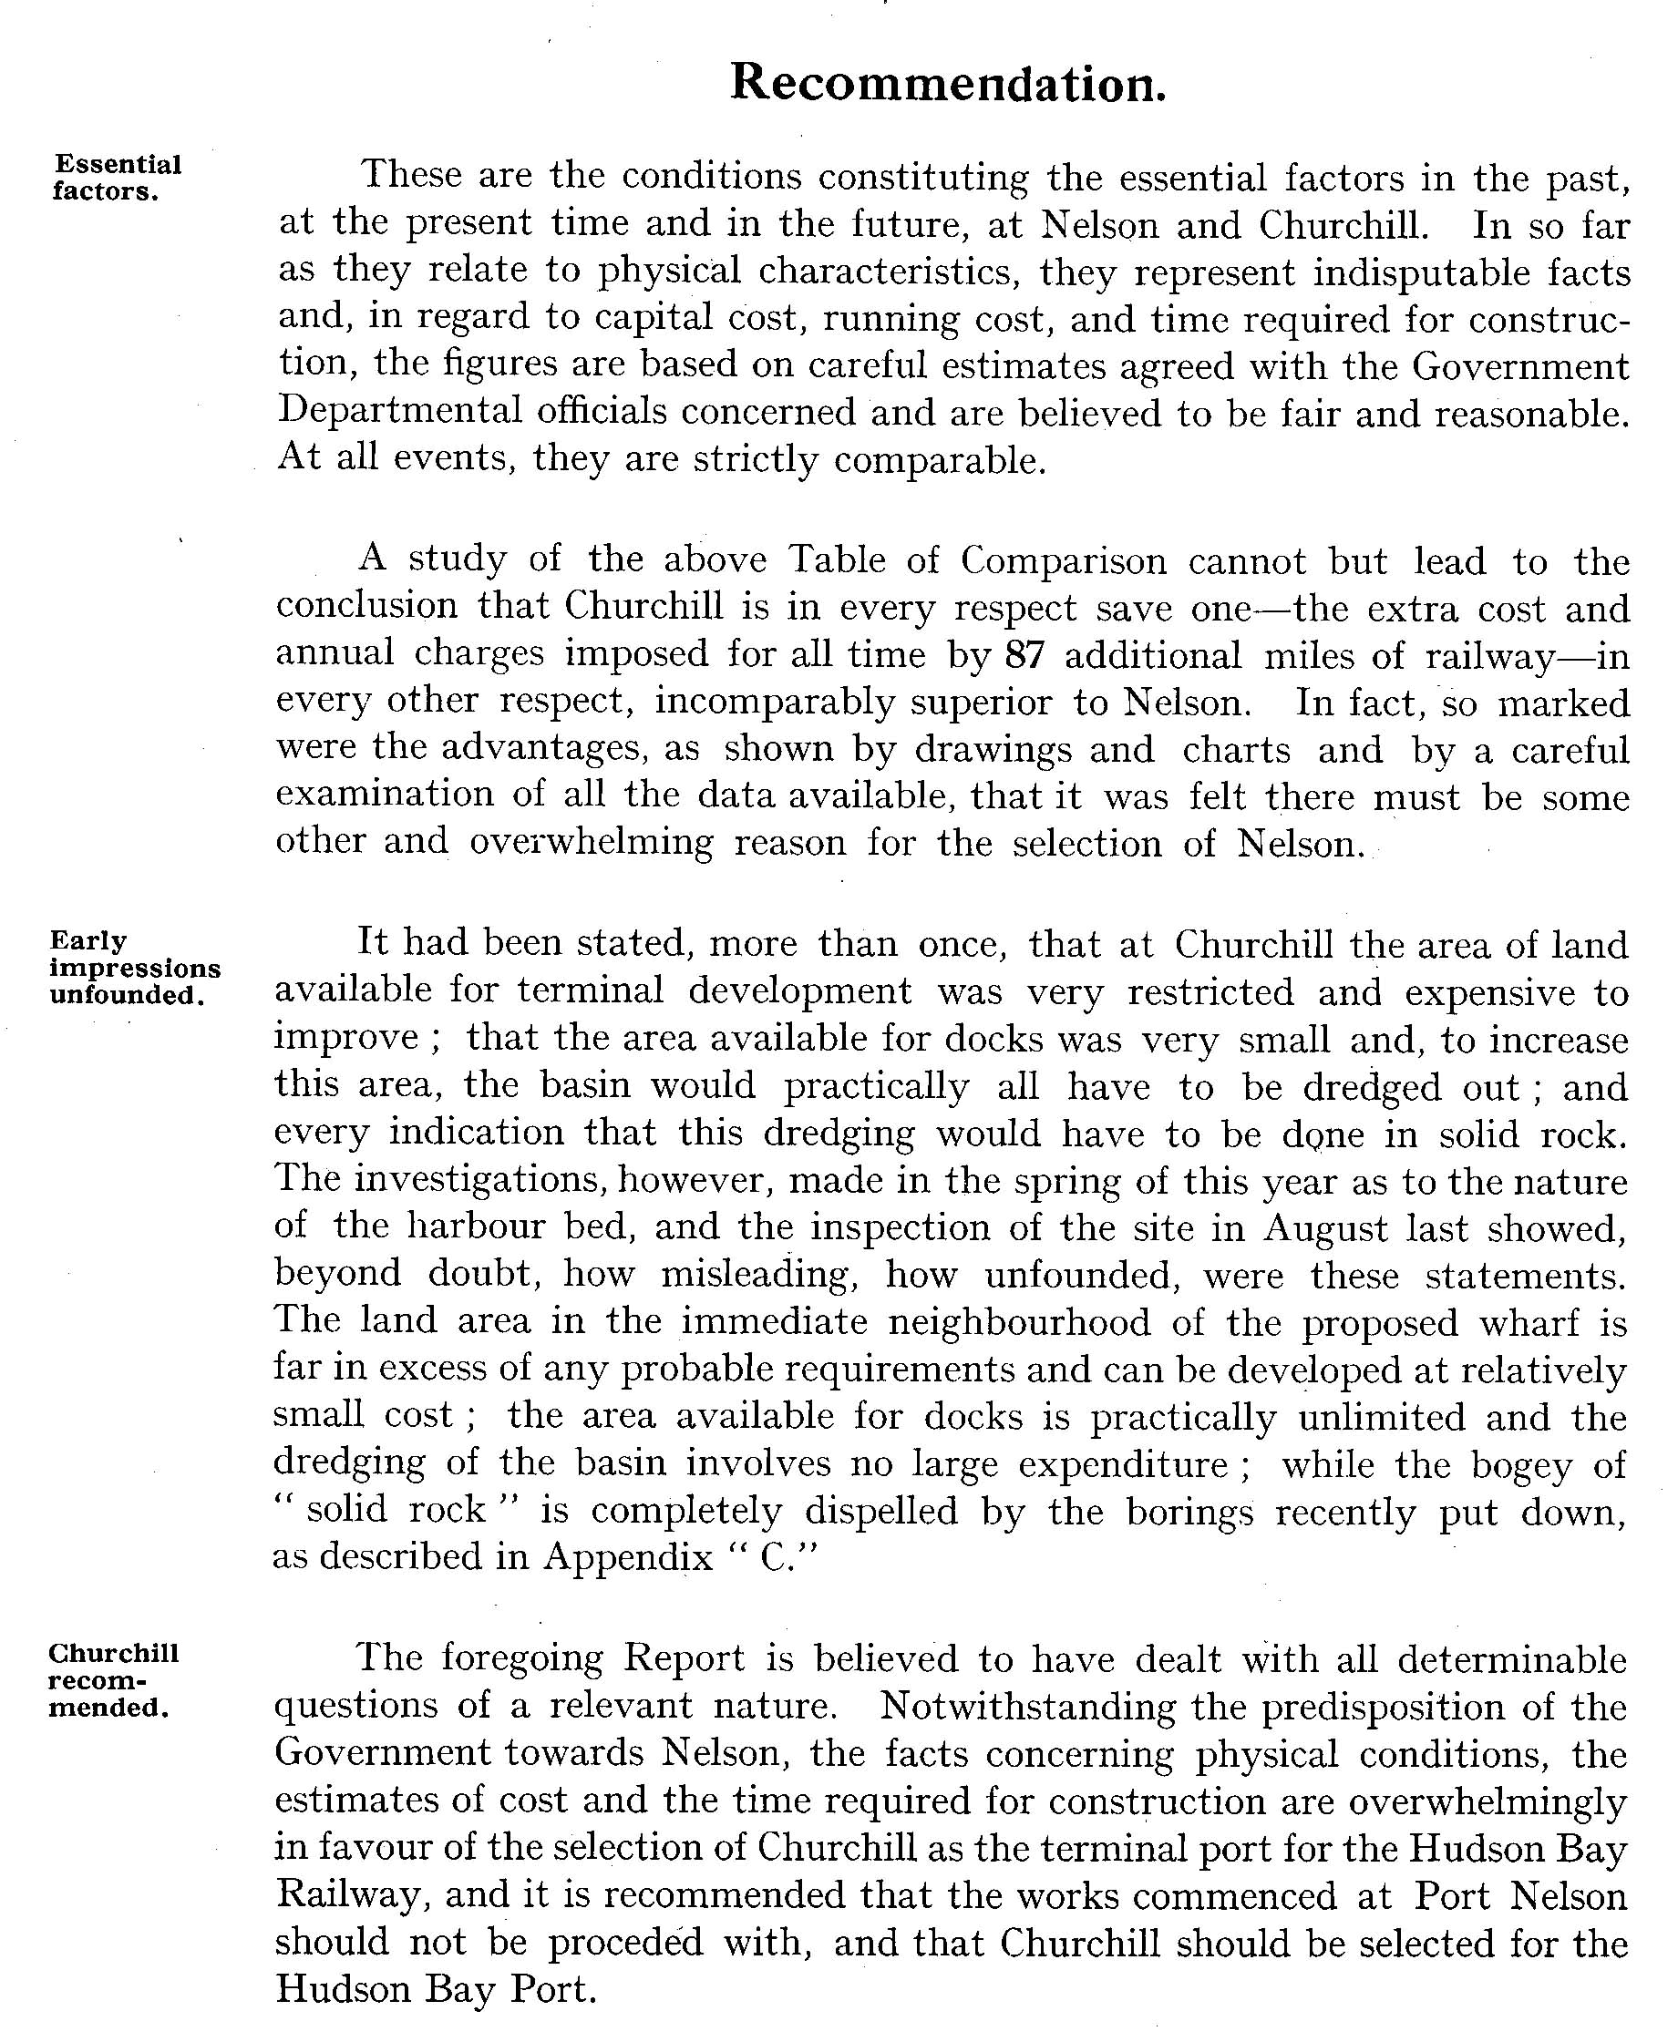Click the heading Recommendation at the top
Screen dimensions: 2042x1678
947,83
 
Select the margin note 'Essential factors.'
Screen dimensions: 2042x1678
117,178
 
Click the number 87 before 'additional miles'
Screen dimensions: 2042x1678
1024,656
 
